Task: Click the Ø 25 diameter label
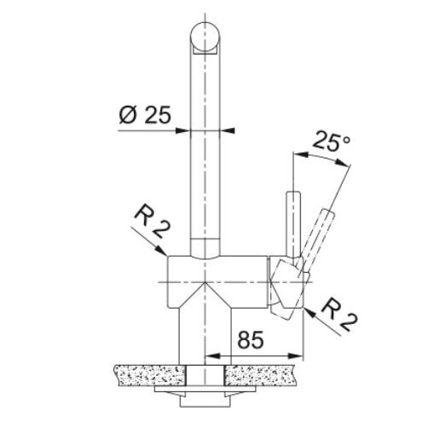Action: pos(145,115)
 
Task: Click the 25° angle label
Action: pos(332,142)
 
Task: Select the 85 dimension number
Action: pos(251,340)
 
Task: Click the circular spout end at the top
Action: pos(205,37)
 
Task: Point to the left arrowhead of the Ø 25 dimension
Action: pos(182,130)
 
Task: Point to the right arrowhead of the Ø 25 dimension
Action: pos(228,130)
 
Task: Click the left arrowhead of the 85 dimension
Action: pos(212,355)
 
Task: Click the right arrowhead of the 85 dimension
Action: pos(296,355)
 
